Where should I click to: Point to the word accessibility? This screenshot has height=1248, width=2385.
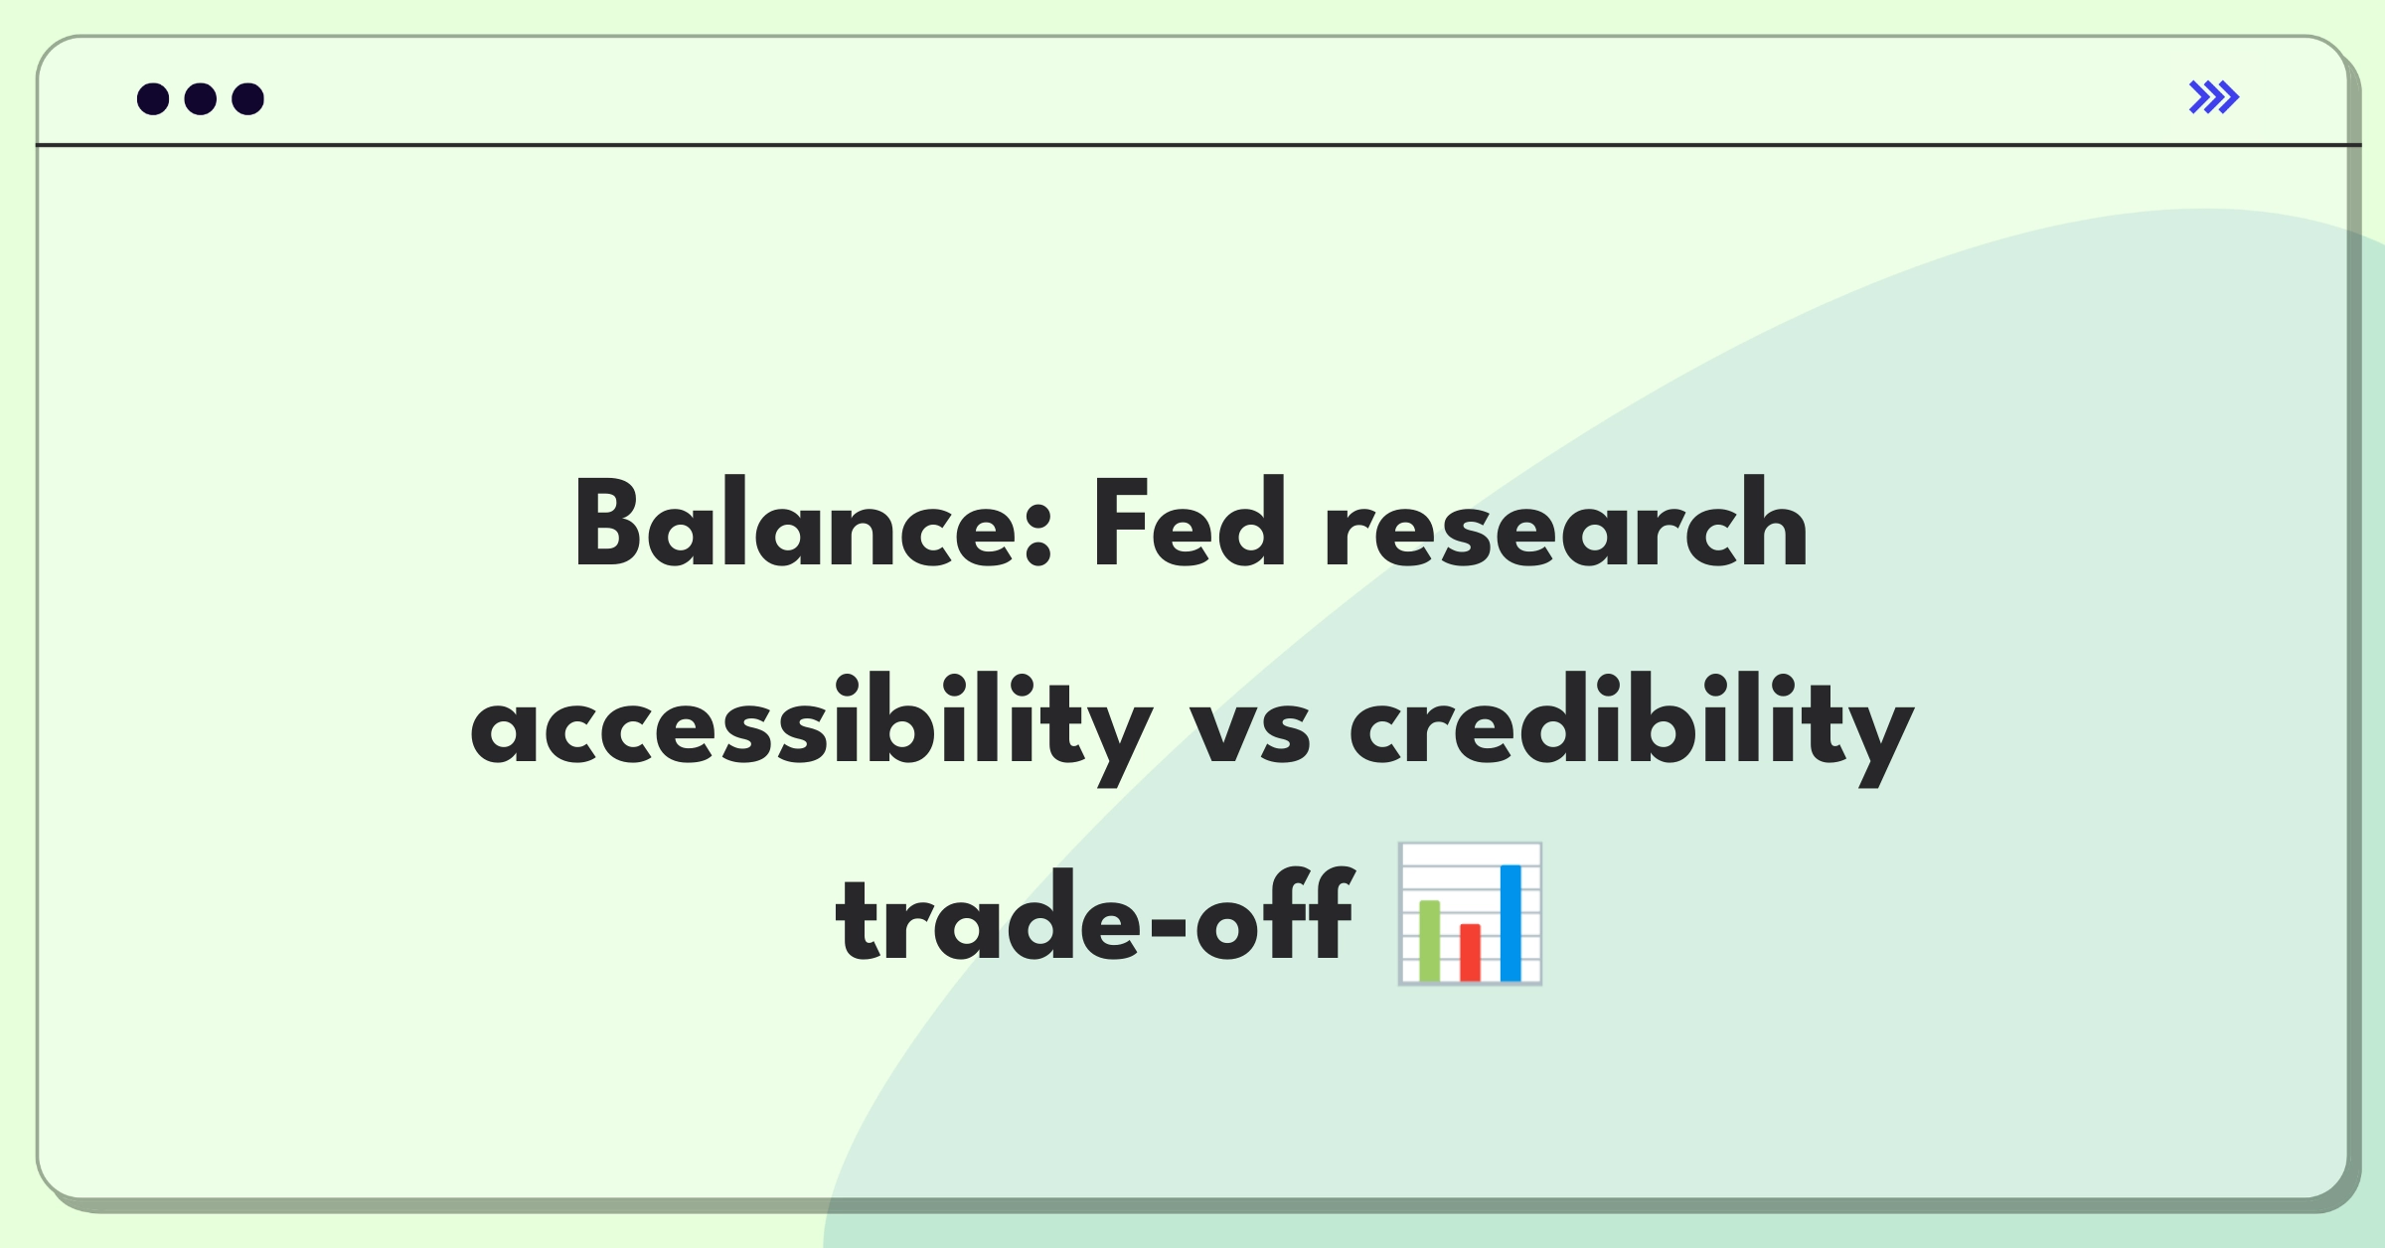[812, 728]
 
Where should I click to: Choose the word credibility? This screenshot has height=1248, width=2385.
[1632, 728]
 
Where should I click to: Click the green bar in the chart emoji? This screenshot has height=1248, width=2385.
[1430, 940]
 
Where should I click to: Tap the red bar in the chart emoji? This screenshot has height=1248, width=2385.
[1471, 952]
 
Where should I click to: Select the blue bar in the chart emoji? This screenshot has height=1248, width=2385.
[1510, 923]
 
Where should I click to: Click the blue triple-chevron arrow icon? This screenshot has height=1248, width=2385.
[2214, 97]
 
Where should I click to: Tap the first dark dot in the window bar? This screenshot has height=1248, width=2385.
[153, 98]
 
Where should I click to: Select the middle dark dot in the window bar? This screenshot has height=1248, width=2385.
[201, 98]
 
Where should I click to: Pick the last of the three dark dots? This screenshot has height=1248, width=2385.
[248, 98]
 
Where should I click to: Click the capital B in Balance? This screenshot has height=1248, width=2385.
[607, 523]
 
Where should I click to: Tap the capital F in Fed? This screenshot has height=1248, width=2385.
[1121, 523]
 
